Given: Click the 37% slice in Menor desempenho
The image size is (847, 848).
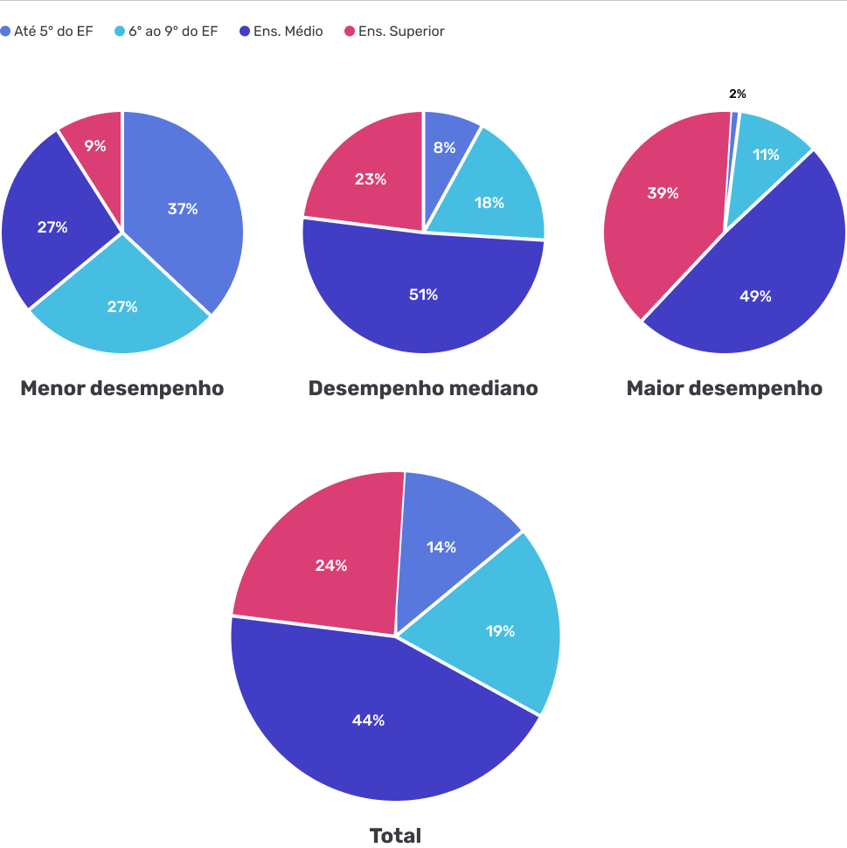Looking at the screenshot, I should tap(184, 209).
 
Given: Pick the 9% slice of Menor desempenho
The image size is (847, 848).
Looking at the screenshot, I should tap(94, 146).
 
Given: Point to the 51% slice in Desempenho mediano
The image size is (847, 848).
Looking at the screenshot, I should tap(423, 295).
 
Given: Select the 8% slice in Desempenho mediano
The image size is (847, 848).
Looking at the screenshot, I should tap(444, 148).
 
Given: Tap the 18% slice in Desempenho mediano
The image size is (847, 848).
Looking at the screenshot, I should tap(489, 203).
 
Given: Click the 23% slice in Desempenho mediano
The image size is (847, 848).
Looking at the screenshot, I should tap(370, 179).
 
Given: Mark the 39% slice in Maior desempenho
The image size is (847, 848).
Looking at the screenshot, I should tap(662, 193).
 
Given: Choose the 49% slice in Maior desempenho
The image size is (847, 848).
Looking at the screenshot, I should tap(755, 296).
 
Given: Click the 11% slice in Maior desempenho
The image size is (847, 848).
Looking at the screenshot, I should tap(766, 155).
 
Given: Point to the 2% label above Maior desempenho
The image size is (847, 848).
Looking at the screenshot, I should tap(738, 94).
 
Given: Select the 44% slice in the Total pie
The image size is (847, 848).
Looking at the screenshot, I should tap(368, 720).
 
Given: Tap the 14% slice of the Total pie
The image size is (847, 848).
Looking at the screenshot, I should tap(441, 547).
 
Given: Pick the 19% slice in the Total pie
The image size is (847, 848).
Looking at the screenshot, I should tap(500, 630).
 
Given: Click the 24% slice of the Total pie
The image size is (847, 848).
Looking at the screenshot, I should tap(330, 566).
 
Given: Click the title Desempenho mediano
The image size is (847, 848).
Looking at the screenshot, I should tap(423, 388).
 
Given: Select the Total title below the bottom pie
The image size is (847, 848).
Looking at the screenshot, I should tap(395, 836).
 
